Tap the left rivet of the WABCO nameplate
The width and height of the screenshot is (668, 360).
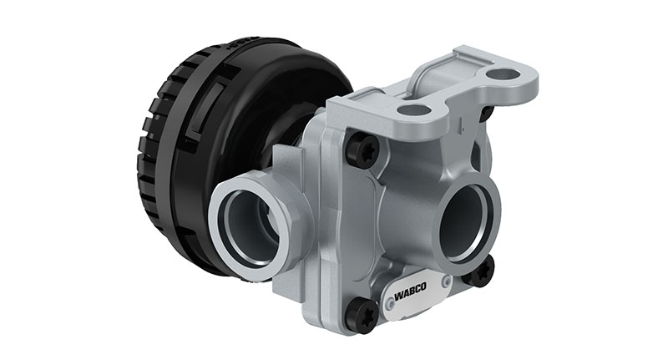390,306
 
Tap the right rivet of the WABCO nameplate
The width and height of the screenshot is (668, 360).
447,281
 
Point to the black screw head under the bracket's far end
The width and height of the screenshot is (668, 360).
486,113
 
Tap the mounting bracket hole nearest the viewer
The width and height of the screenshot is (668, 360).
413,109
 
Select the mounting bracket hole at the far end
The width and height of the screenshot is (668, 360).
504,74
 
